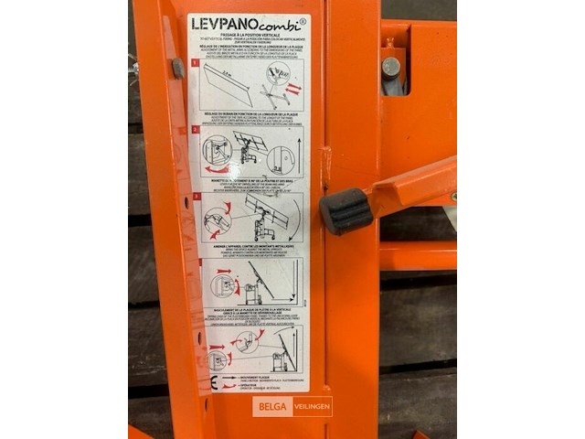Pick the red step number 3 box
click(x=195, y=196)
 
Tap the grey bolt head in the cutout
click(x=391, y=66)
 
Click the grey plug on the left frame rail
click(x=177, y=67)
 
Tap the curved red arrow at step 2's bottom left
click(x=213, y=169)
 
